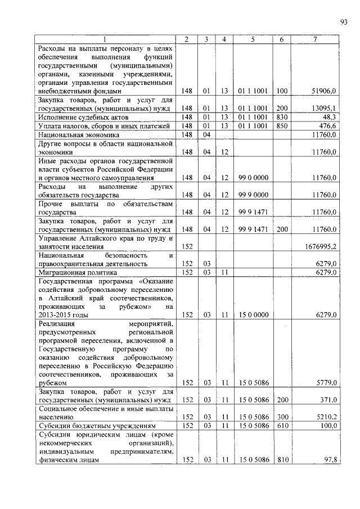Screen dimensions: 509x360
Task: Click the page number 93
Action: click(x=343, y=22)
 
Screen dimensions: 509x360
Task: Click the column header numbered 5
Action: click(x=253, y=39)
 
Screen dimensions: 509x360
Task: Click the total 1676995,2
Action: click(x=321, y=246)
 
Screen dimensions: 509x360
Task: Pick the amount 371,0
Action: click(x=327, y=400)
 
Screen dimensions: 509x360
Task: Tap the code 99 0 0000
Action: click(x=253, y=177)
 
